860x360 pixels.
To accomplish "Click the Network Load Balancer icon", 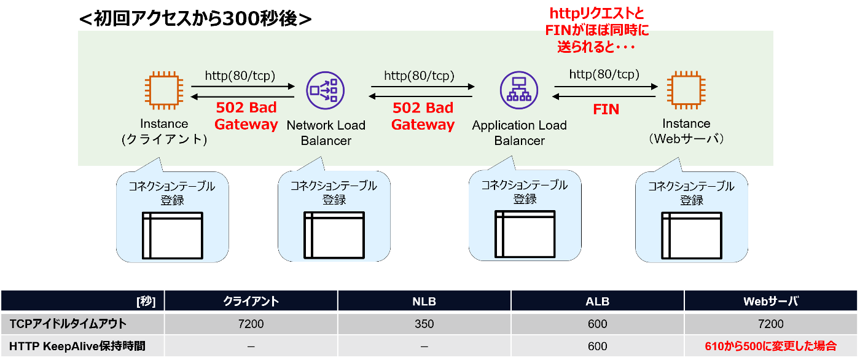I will click(325, 92).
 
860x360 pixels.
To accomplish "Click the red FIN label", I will click(605, 110).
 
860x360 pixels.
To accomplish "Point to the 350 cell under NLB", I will click(424, 324).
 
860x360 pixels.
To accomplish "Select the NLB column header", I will click(424, 301).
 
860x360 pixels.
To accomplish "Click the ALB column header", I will click(597, 301).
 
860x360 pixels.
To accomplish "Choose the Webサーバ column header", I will click(771, 301).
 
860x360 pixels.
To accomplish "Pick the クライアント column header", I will click(251, 301).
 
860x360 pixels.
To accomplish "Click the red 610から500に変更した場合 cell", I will click(771, 346).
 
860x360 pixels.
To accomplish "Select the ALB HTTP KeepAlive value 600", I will click(597, 346).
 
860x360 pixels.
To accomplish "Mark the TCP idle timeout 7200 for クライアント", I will click(251, 324).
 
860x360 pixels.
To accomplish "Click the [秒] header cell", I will click(146, 301).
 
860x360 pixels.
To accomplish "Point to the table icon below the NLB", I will click(334, 235).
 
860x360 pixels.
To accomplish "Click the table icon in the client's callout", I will click(172, 235).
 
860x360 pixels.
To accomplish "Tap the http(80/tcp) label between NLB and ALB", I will click(419, 76).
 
